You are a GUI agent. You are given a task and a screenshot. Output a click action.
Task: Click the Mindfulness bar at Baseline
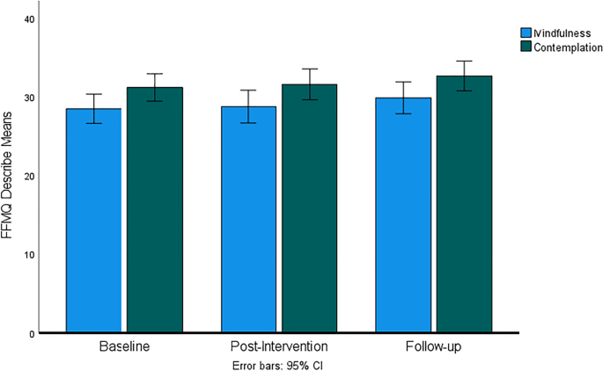pyautogui.click(x=93, y=221)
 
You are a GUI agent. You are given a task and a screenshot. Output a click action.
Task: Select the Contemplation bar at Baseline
pyautogui.click(x=154, y=210)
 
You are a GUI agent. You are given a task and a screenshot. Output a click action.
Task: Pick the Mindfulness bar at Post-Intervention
pyautogui.click(x=248, y=220)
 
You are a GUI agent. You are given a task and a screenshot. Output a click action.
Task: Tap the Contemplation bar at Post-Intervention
pyautogui.click(x=309, y=208)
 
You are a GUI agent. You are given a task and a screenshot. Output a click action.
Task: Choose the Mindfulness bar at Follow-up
pyautogui.click(x=404, y=215)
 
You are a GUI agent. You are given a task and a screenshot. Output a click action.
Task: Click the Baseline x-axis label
pyautogui.click(x=124, y=347)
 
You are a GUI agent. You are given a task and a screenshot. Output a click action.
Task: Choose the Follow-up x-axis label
pyautogui.click(x=434, y=347)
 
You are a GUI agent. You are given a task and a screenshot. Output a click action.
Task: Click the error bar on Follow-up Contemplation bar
pyautogui.click(x=465, y=76)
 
